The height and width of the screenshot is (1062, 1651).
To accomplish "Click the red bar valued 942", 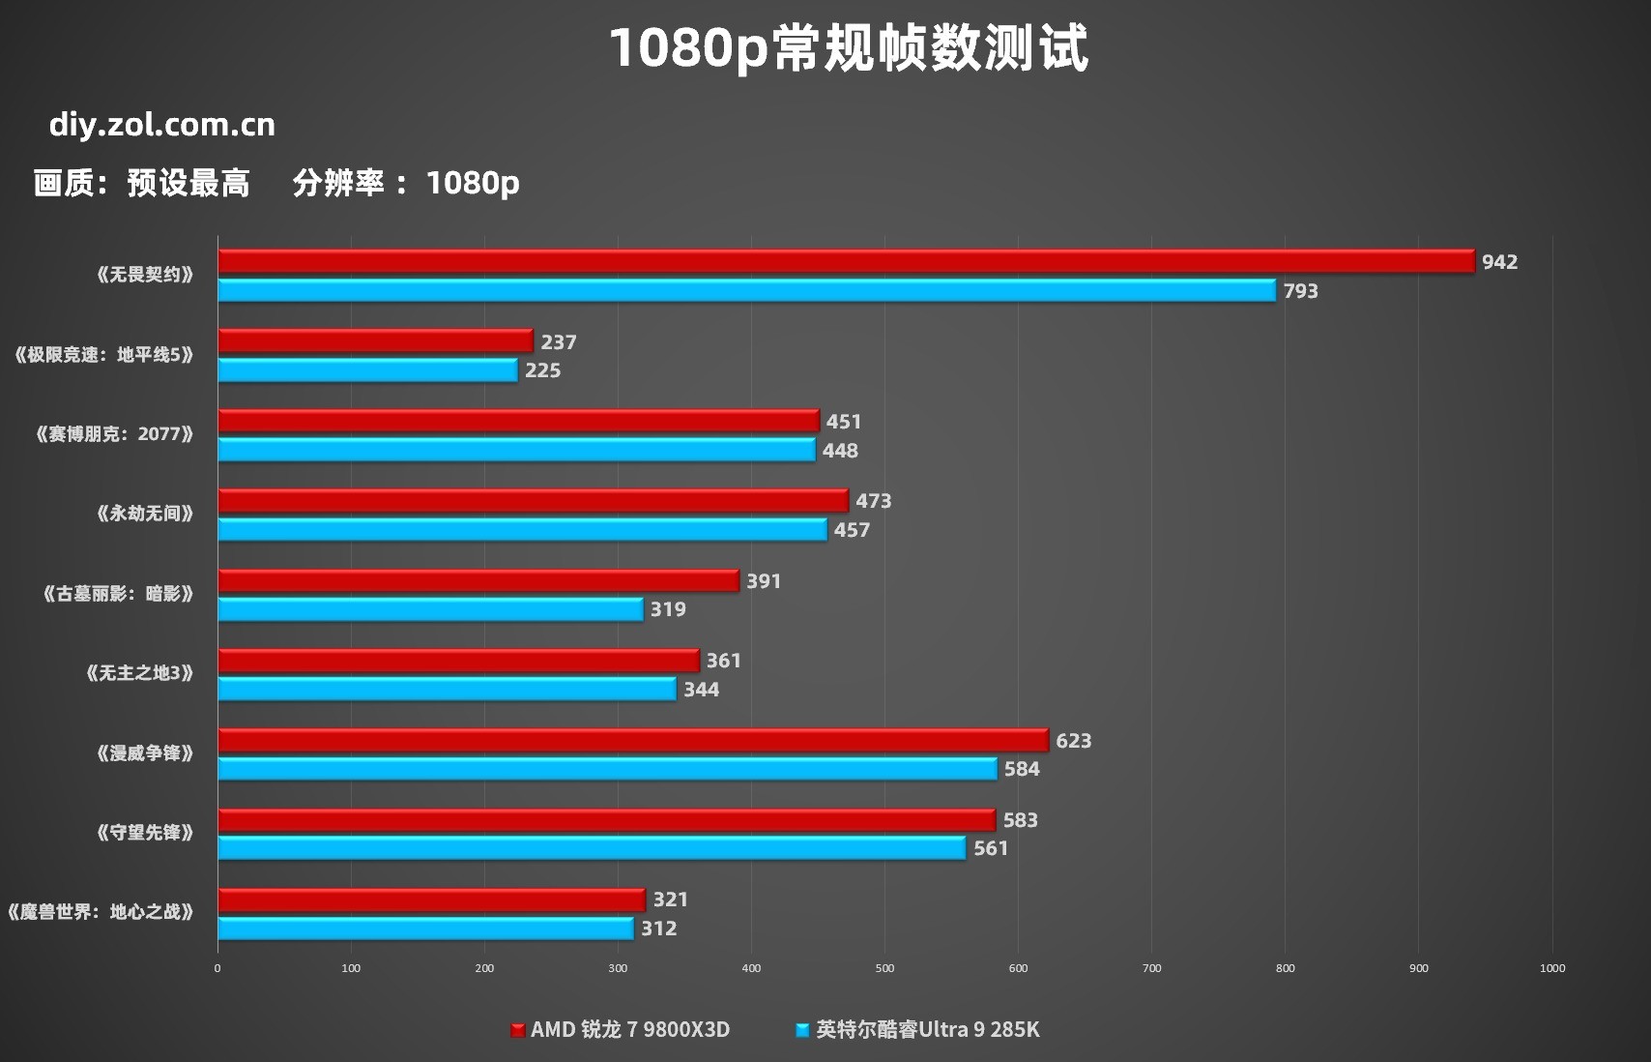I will coord(846,261).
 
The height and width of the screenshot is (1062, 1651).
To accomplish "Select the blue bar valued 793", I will coord(746,290).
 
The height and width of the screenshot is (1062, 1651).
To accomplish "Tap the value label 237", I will coord(559,342).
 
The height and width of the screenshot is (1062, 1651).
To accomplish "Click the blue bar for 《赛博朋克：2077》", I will coord(516,450).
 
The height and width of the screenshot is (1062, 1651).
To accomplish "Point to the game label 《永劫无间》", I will coord(145,514).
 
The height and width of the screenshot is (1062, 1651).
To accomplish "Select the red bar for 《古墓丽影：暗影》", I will coord(478,580).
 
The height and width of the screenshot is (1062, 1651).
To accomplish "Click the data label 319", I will coord(668,609).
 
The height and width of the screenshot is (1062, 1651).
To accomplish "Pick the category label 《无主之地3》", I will coord(140,673).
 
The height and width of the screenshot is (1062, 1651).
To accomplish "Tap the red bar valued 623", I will coord(633,740).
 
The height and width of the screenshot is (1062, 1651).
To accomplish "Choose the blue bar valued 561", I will coord(592,848).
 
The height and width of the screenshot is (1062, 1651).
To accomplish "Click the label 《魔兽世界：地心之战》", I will coord(101,912).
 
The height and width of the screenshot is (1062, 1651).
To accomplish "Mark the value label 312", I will coord(659,929).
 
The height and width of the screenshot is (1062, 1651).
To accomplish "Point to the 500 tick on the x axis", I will coord(884,968).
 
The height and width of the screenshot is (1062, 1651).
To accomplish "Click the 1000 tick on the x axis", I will coord(1551,968).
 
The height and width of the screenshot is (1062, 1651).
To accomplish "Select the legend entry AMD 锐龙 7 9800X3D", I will coord(621,1030).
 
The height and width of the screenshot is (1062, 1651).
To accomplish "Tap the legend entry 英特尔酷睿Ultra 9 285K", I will coord(918,1030).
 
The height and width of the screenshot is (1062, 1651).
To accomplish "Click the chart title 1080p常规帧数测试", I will coord(849,48).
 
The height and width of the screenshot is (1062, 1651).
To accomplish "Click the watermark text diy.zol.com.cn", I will coord(162,125).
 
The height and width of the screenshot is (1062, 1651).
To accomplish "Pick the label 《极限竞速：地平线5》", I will coord(104,355).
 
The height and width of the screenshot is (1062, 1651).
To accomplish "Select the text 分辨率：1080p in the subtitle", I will coord(406,183).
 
